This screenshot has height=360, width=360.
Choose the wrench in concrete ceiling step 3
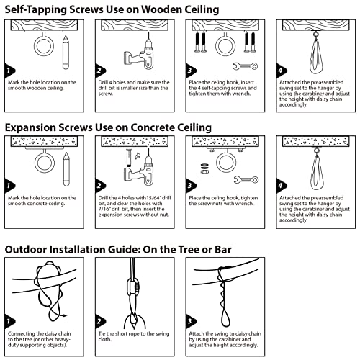coord(247,180)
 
